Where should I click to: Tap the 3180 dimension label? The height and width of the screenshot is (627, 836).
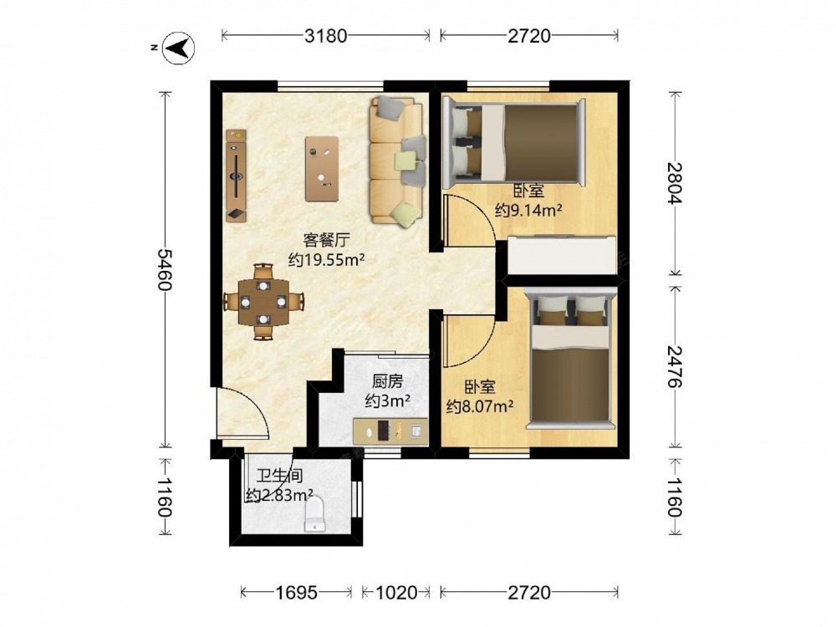[x=325, y=36]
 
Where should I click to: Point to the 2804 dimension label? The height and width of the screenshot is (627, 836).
[x=675, y=183]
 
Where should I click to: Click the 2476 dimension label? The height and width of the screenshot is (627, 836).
[x=675, y=366]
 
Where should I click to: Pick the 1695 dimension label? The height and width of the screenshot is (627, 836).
[x=297, y=593]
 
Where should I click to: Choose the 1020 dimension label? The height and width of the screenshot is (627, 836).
[x=395, y=593]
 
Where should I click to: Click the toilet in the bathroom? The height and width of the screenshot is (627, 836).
[x=314, y=514]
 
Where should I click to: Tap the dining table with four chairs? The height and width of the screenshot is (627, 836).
[x=263, y=302]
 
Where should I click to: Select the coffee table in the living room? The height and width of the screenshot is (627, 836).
[x=322, y=169]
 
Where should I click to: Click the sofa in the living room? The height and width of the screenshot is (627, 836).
[x=397, y=160]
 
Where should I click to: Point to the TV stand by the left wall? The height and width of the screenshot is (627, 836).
[x=237, y=176]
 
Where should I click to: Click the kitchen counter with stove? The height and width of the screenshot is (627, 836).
[x=390, y=431]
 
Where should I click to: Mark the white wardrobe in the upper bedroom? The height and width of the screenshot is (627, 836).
[x=562, y=255]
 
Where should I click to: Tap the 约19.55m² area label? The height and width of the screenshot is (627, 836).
[x=326, y=260]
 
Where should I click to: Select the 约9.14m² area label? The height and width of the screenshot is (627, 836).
[x=528, y=211]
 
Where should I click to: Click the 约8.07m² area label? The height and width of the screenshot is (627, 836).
[x=480, y=407]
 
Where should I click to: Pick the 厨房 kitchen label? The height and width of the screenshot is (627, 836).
[x=388, y=381]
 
